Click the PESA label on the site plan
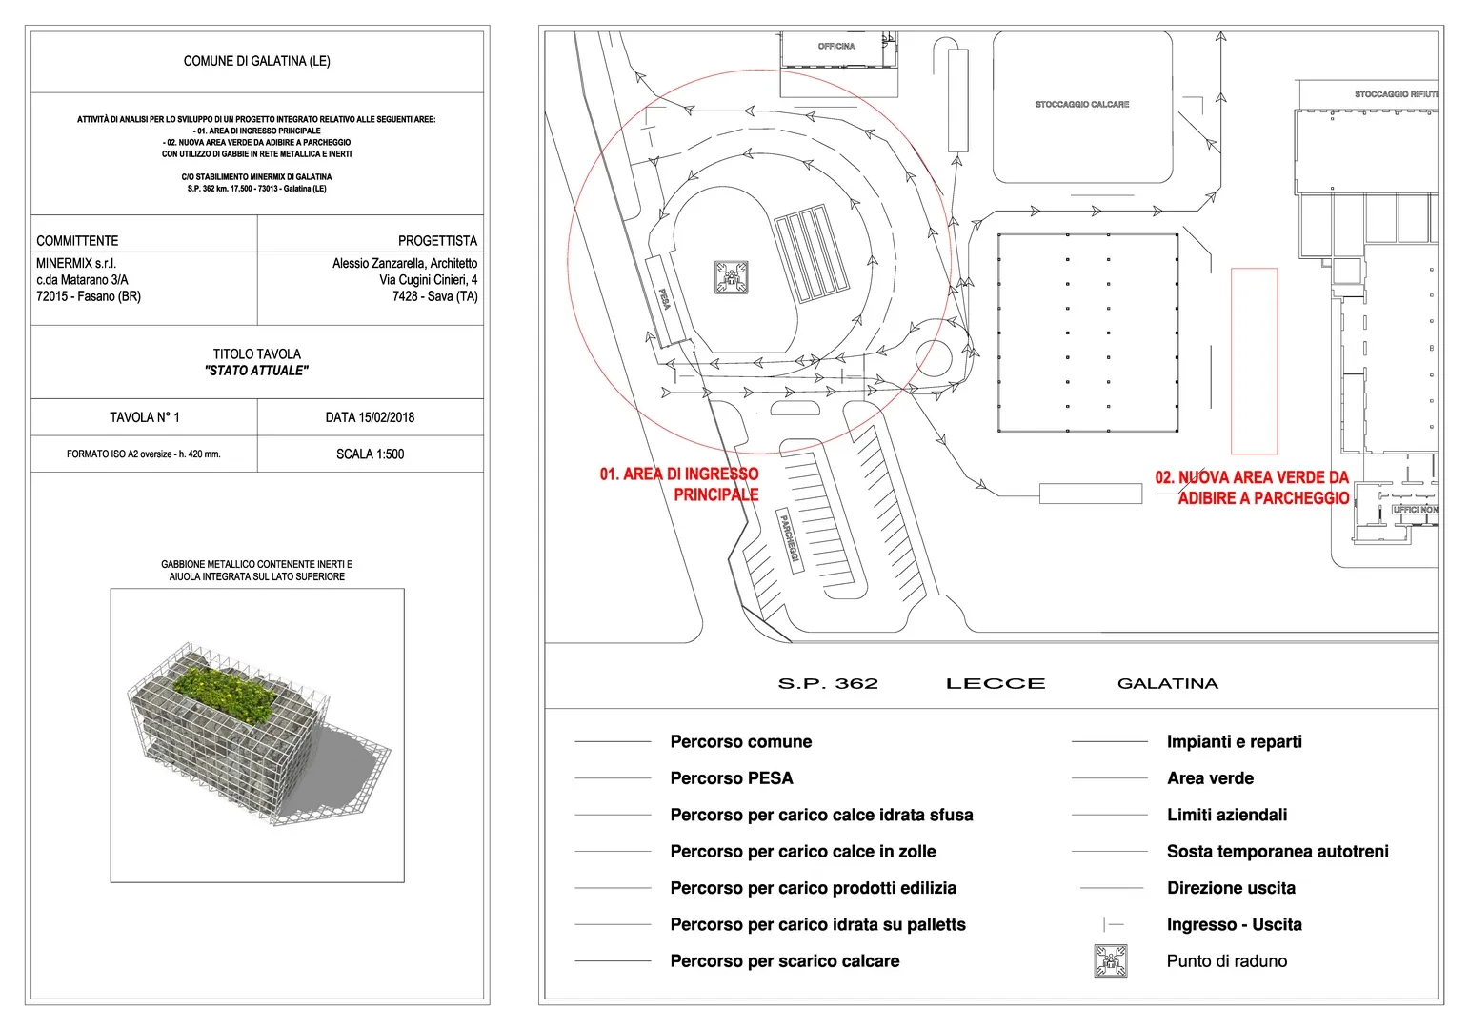(x=664, y=298)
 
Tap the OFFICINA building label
(x=836, y=46)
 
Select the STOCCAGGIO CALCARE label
(x=1081, y=104)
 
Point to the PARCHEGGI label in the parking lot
(x=790, y=537)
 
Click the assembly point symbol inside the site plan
(x=731, y=277)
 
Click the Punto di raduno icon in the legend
(x=1110, y=960)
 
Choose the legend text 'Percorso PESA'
(x=731, y=778)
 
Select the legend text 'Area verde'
(x=1210, y=778)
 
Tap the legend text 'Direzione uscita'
(x=1231, y=888)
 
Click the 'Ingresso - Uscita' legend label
(x=1234, y=924)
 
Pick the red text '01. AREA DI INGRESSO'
(x=678, y=474)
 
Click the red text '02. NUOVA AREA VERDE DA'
(x=1252, y=477)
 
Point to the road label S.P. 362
(x=828, y=683)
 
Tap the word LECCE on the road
(x=996, y=683)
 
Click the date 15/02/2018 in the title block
(x=370, y=417)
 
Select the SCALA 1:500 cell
(x=370, y=454)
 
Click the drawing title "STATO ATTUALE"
(x=256, y=371)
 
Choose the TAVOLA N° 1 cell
(x=144, y=417)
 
